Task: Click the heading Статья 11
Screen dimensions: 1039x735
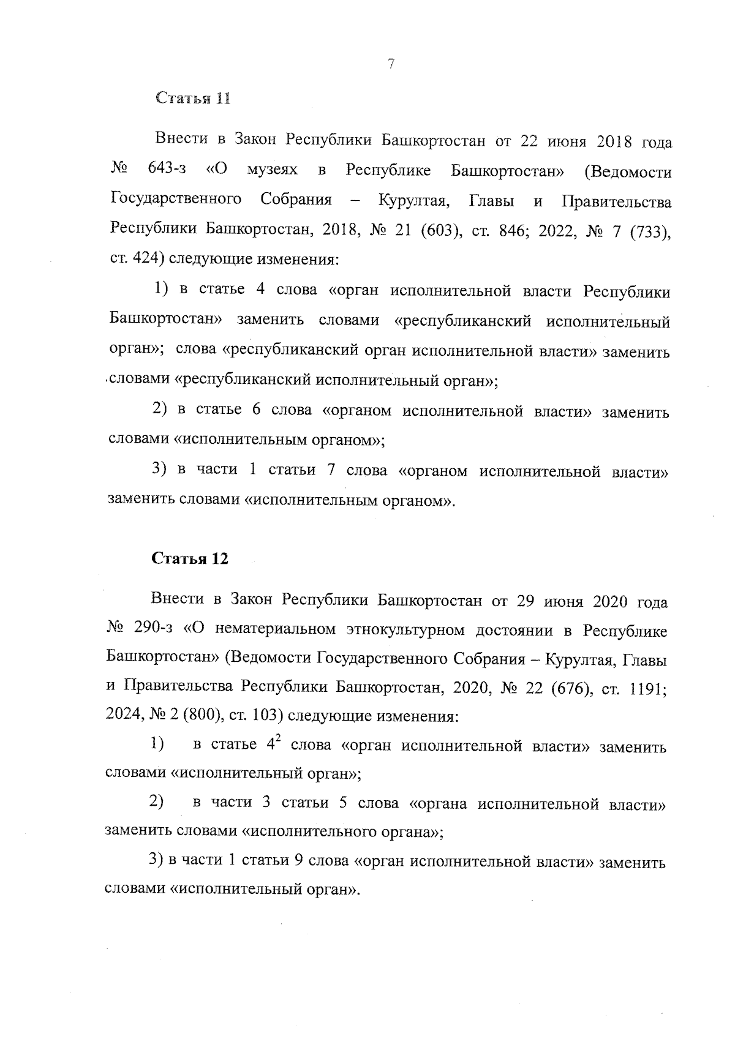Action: pos(192,98)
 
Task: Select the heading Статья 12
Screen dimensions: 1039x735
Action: pos(190,558)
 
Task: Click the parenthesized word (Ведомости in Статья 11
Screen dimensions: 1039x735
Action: pos(628,172)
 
